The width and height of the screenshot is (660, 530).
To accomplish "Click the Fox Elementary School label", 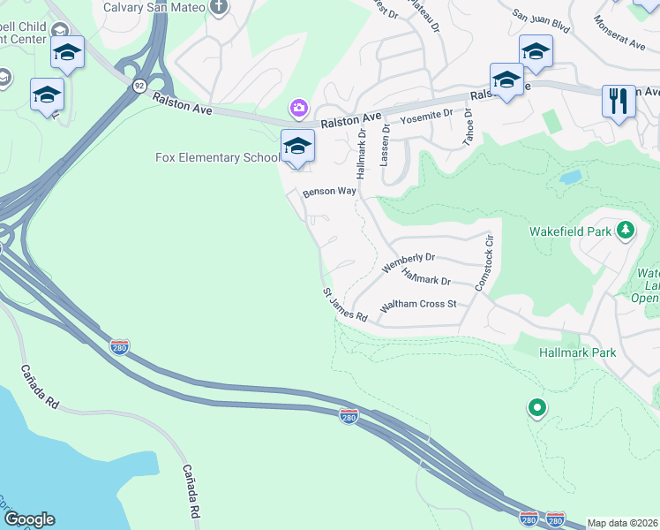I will coord(217,158).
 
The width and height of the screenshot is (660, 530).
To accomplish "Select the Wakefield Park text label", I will coord(570,231).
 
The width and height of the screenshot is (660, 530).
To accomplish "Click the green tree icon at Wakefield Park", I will coord(626,231).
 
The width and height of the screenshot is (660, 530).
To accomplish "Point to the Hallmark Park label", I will coord(577,352).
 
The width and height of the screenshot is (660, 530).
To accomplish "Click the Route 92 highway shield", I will coord(140,86).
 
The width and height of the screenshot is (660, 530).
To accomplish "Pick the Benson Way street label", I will coord(329,191).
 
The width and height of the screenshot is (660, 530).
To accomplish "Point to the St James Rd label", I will coord(344,304).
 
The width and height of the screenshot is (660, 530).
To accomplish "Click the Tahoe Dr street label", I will coord(469,129).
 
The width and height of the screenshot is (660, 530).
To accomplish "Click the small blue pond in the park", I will coord(570,177).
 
